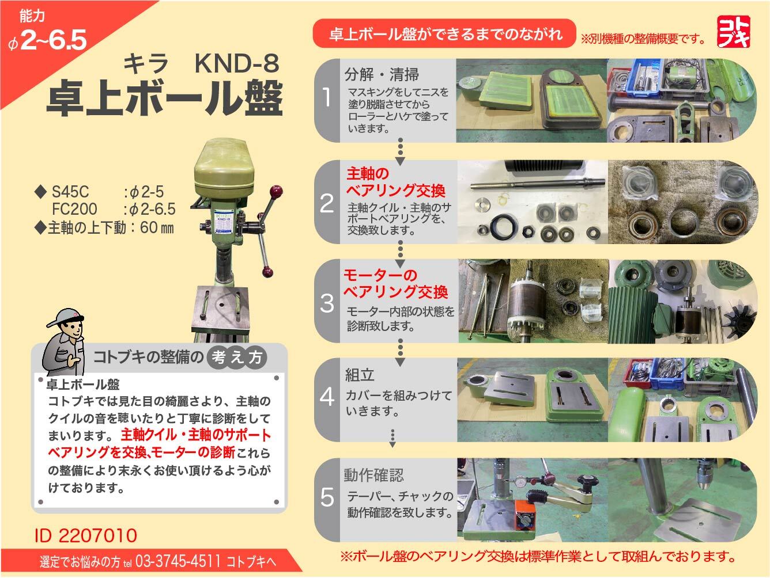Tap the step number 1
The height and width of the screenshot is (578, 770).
tap(327, 98)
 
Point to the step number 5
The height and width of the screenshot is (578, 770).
tap(327, 497)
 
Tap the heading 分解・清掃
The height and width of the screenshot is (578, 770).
tap(382, 74)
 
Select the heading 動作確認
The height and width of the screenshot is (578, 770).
tap(373, 476)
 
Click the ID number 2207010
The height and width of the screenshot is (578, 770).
tap(86, 536)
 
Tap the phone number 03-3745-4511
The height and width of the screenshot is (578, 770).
tap(178, 561)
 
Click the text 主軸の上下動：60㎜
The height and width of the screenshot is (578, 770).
tap(104, 227)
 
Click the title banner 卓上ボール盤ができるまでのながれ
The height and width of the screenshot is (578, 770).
tap(445, 34)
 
